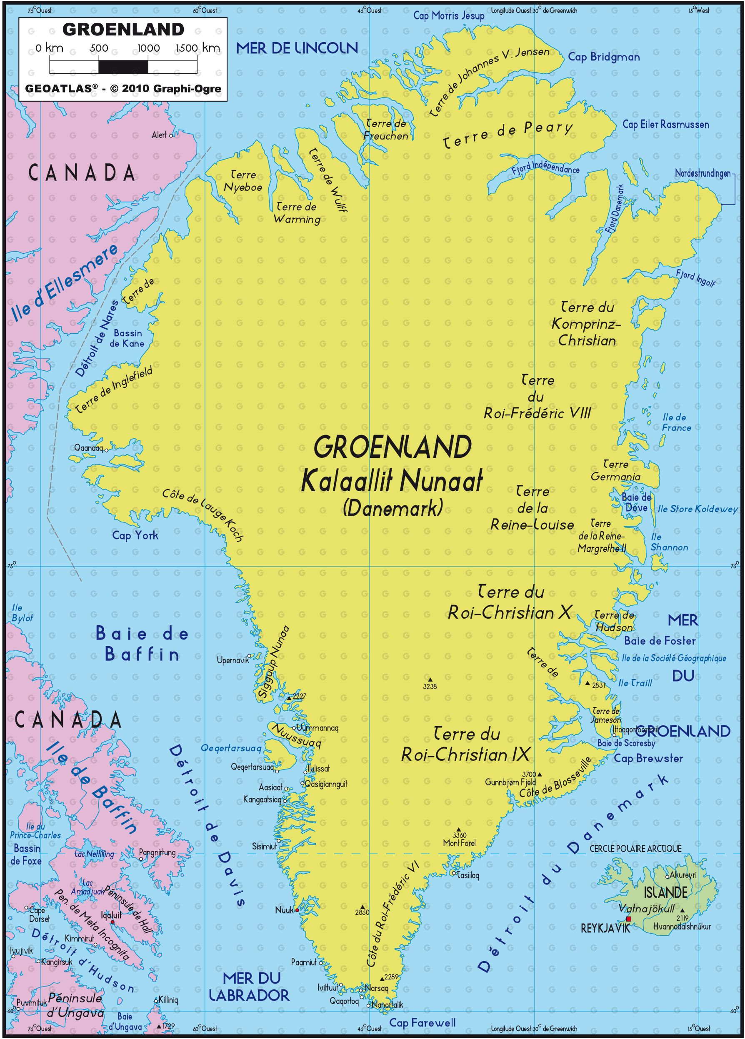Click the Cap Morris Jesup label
coord(449,16)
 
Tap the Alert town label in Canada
coord(159,135)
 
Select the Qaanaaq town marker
coord(106,450)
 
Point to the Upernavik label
coord(232,660)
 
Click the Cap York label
coord(135,535)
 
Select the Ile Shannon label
coord(669,542)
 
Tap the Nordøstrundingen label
coord(702,174)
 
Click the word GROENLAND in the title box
coord(123,29)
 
